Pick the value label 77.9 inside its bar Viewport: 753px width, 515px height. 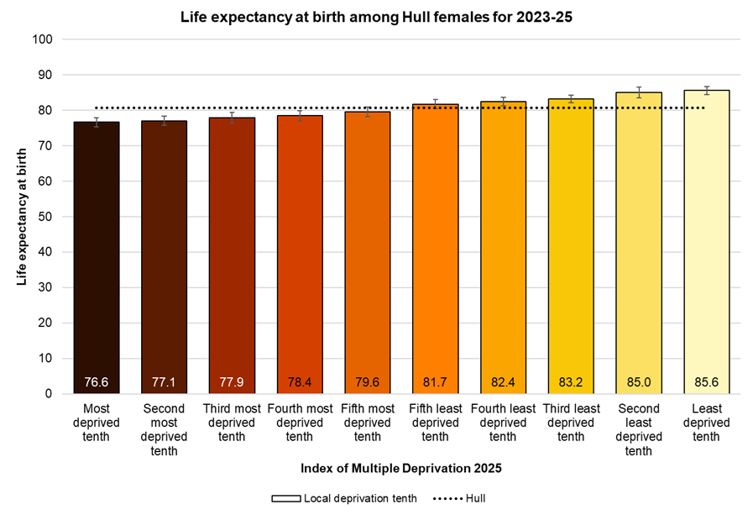tap(232, 382)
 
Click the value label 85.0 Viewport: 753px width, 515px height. tap(638, 382)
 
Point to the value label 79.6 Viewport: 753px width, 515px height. tap(367, 382)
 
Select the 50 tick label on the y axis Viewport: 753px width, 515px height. tap(45, 217)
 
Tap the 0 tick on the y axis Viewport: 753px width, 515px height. tap(49, 393)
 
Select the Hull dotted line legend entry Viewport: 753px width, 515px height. tap(459, 498)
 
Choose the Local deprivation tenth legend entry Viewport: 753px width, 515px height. tap(344, 498)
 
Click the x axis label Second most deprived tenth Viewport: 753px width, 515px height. tap(164, 429)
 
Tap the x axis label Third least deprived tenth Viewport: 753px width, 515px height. tap(571, 423)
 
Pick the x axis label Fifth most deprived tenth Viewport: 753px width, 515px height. tap(367, 423)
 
